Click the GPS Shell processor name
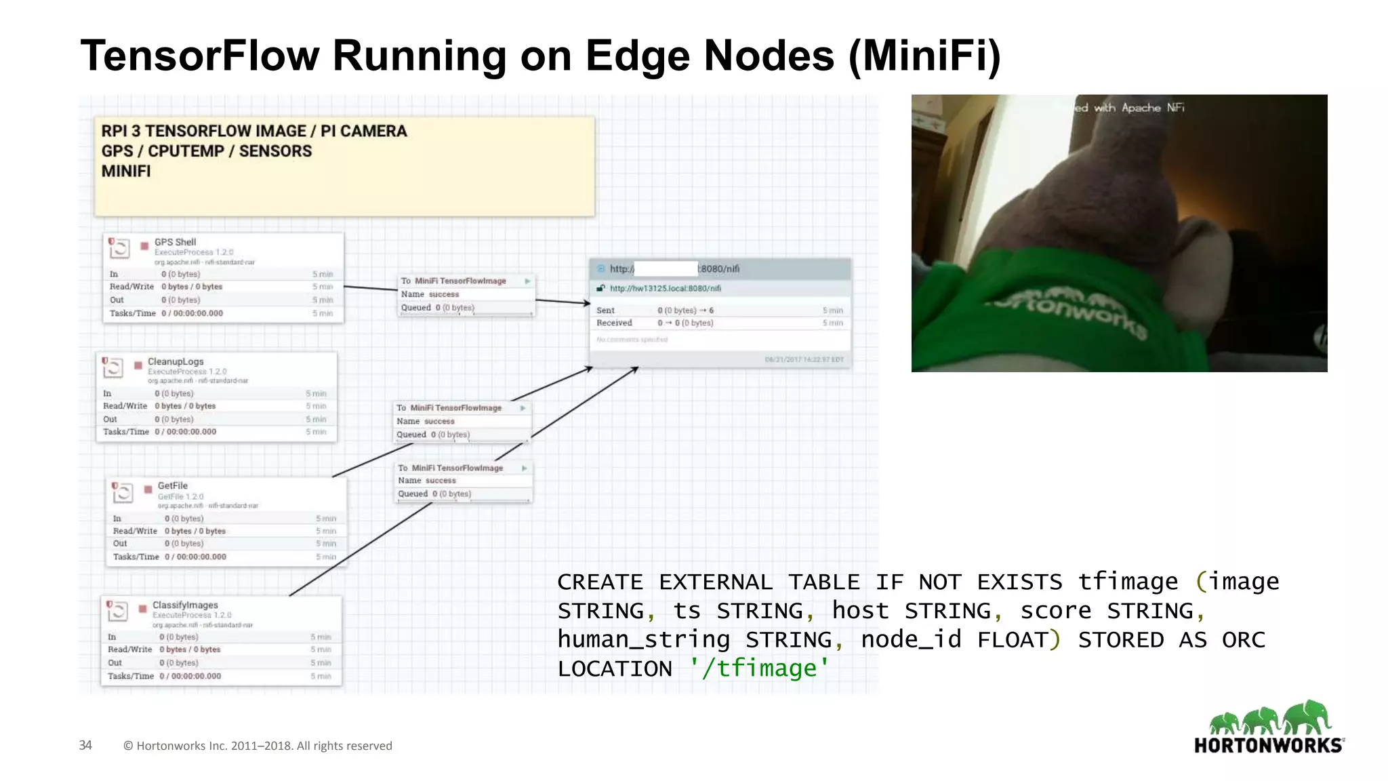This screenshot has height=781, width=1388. [175, 242]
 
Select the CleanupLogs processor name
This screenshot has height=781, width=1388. [176, 361]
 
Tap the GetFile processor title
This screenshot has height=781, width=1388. [172, 485]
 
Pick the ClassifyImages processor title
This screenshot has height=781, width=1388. [185, 605]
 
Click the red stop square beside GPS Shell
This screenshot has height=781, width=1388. [144, 245]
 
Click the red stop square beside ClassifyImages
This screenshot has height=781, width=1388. [142, 608]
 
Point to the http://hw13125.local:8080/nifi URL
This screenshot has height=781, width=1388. [665, 288]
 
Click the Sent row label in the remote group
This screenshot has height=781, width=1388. [605, 311]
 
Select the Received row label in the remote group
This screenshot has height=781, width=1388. [614, 323]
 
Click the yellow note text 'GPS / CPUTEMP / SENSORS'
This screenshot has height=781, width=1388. [207, 151]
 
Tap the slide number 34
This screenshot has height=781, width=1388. [85, 745]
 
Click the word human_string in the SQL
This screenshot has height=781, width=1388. [644, 639]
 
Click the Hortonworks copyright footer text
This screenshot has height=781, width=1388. [258, 746]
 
